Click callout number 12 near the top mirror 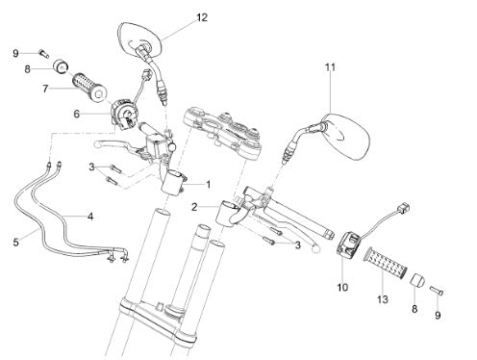(202, 17)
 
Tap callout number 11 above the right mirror (330, 67)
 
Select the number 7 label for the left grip (45, 89)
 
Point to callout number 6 (77, 114)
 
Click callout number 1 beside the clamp (209, 185)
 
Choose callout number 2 (194, 207)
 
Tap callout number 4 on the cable (90, 217)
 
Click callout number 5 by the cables (16, 243)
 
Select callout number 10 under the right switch (342, 287)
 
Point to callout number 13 (383, 299)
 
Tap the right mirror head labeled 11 (346, 136)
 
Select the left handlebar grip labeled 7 (88, 87)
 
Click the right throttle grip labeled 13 (386, 260)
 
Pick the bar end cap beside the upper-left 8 (61, 66)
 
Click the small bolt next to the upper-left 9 (43, 53)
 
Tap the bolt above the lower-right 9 (437, 290)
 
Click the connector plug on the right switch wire (404, 207)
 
